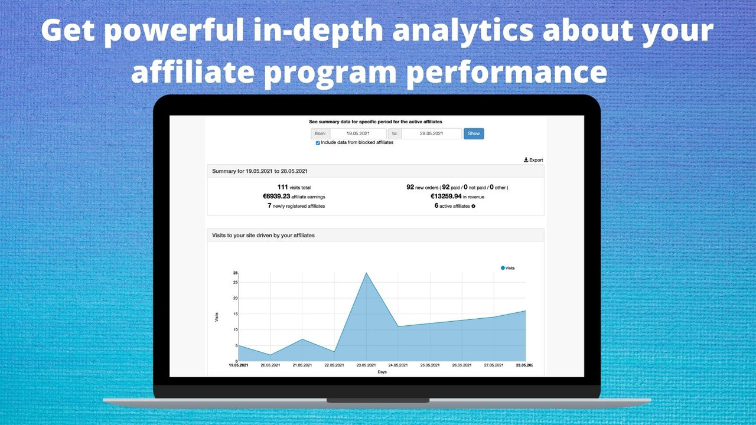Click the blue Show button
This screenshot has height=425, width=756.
click(474, 133)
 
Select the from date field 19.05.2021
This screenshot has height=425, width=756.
click(358, 134)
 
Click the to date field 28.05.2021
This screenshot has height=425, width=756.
click(431, 134)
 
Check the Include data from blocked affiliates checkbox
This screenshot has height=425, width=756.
click(318, 143)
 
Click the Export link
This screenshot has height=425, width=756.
click(533, 160)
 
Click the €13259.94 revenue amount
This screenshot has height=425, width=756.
click(447, 197)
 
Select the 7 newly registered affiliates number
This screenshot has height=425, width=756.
click(269, 206)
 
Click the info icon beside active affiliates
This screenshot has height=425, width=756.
click(474, 206)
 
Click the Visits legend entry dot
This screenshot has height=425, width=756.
click(503, 268)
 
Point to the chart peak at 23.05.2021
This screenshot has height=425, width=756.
click(366, 273)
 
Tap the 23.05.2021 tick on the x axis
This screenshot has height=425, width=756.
click(366, 365)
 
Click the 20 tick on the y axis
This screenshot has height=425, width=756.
click(235, 298)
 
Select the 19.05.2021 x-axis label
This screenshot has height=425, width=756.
click(239, 365)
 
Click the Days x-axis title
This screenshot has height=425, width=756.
click(382, 372)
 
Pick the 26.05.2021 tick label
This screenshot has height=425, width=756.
click(461, 365)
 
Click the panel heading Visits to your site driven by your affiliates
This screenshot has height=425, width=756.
click(263, 235)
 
